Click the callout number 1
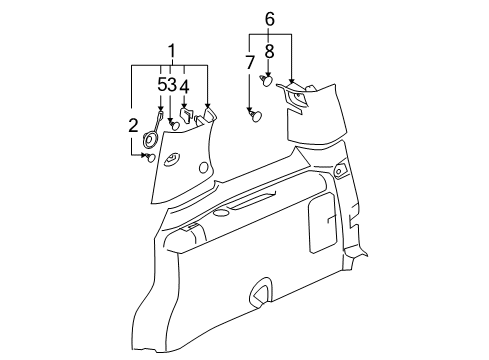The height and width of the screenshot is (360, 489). pos(171,50)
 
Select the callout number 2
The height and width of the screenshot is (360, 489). pos(133,125)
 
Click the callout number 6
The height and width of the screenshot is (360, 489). pos(269,19)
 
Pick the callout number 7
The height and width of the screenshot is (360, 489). pos(249,63)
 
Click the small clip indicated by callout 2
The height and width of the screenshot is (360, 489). pos(149,156)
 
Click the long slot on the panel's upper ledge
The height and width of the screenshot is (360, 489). pos(245,205)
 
